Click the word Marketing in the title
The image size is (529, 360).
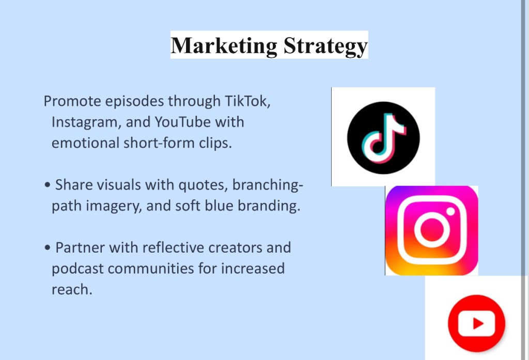click(x=224, y=45)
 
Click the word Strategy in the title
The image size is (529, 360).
click(x=325, y=46)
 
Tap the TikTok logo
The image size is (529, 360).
click(x=383, y=138)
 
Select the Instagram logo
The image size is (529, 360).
click(x=431, y=230)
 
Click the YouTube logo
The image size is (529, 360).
click(x=476, y=323)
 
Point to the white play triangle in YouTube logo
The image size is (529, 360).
click(x=478, y=323)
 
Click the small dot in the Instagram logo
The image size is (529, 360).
click(x=450, y=211)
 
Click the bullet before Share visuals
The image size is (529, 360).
click(x=48, y=185)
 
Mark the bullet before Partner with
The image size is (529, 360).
click(x=48, y=247)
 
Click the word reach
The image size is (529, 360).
click(x=72, y=289)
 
